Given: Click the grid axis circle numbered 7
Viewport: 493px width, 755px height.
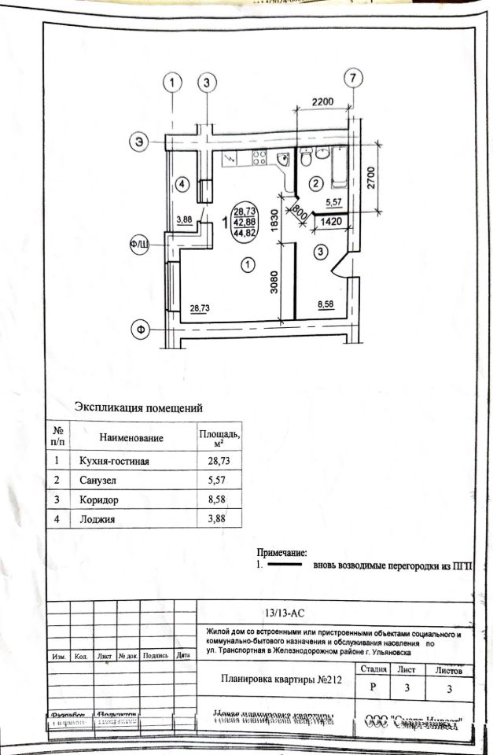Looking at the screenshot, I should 354,78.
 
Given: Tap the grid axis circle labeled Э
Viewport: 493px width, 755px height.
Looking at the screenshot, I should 140,142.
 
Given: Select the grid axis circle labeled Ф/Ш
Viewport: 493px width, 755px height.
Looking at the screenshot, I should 140,245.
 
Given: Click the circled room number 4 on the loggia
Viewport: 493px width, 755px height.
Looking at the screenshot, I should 182,185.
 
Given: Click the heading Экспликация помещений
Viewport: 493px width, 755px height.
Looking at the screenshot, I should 138,407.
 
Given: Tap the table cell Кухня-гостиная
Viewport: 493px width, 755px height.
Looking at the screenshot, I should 115,460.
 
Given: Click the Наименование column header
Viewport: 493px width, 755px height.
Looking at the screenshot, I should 131,437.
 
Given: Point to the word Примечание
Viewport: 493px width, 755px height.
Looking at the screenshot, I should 281,554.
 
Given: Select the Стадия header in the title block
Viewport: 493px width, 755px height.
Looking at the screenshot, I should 373,670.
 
